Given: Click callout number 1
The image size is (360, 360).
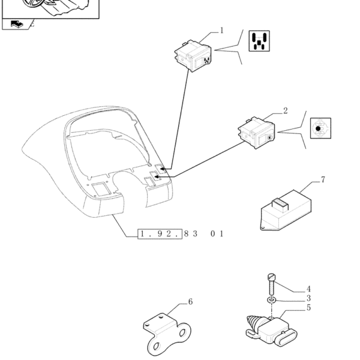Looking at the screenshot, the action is (221, 31).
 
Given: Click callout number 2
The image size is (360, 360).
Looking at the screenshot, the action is (285, 111).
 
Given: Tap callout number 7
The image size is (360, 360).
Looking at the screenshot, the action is (323, 180).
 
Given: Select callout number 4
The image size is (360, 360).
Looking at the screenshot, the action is (308, 289).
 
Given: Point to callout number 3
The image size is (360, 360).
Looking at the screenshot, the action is (308, 298).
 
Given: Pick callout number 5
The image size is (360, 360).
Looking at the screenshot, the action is (308, 308).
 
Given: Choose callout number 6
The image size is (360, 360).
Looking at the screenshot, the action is (190, 302).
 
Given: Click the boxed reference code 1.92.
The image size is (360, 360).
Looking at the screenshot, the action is (160, 234).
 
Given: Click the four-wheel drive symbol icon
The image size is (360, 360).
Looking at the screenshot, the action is (259, 41).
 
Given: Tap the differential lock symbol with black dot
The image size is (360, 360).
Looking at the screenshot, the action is (320, 128).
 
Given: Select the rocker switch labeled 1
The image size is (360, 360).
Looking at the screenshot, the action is (193, 56).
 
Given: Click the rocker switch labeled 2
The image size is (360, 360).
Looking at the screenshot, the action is (256, 133).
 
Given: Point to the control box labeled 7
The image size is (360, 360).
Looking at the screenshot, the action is (286, 210).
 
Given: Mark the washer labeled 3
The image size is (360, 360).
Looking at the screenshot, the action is (271, 300).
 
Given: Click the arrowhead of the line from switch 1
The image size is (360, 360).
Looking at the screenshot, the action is (163, 169).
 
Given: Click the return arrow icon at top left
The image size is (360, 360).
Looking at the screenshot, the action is (17, 24).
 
